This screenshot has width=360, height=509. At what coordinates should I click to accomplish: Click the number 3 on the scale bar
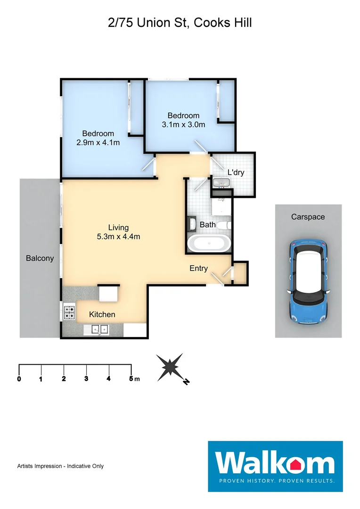coord(86,378)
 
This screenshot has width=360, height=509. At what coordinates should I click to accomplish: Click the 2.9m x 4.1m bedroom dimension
coord(98,142)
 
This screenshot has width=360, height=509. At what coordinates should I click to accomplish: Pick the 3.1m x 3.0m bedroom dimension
coord(183,124)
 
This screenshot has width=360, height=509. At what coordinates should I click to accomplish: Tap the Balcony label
coord(40,258)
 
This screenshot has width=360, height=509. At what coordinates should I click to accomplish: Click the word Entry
coord(198,268)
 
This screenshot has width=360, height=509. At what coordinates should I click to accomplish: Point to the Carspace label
coord(308,217)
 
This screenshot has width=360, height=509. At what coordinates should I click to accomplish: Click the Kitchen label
coord(102,314)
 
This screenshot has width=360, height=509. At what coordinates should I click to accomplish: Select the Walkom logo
coord(275,466)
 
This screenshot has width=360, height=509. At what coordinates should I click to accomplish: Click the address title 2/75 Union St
coord(180,23)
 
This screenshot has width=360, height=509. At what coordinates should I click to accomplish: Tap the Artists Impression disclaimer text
coord(60,466)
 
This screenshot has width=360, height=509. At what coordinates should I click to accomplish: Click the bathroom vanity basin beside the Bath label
coord(193,223)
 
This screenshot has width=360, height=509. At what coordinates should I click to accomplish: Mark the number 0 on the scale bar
coord(19,378)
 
